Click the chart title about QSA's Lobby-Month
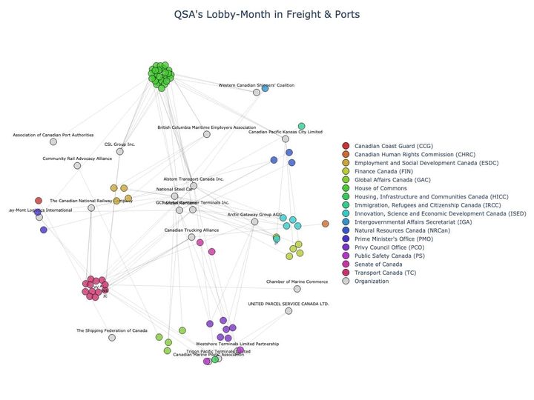tap(266, 14)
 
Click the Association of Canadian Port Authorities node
tap(53, 141)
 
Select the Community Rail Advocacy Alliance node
tap(77, 165)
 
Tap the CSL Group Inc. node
tap(119, 151)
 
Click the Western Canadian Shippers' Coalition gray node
tap(257, 92)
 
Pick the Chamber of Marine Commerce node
tap(297, 288)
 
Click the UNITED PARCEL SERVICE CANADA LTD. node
tap(289, 310)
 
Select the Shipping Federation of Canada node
tap(112, 337)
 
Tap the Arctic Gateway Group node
tap(255, 221)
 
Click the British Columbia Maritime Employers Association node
tap(207, 134)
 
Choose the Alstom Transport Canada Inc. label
tap(194, 179)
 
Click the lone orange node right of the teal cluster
tap(325, 224)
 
